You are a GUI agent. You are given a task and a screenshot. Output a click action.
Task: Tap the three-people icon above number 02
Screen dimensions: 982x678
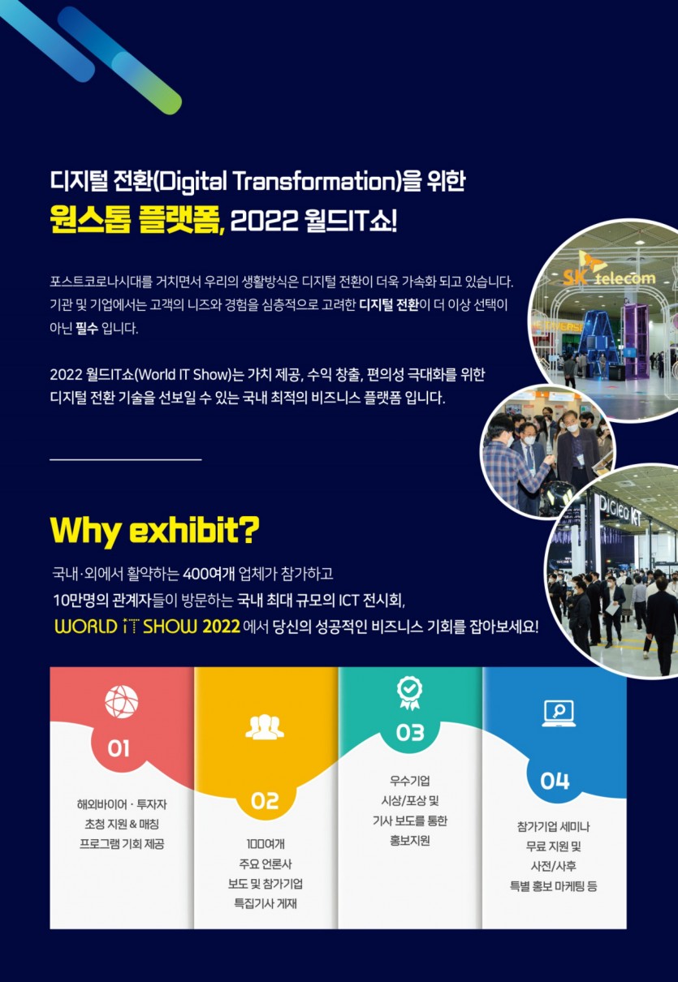(265, 727)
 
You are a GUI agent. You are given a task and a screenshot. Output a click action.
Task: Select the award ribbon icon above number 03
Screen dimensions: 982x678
(409, 691)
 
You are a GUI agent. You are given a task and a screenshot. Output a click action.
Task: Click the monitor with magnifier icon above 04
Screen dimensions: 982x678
(558, 713)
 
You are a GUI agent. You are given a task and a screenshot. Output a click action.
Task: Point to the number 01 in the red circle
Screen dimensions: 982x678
(119, 747)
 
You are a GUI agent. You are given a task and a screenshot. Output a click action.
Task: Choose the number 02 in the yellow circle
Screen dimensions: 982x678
(265, 800)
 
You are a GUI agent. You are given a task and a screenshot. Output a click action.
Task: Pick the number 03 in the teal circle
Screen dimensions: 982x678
(410, 732)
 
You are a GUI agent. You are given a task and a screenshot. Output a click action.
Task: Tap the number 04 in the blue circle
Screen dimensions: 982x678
(555, 781)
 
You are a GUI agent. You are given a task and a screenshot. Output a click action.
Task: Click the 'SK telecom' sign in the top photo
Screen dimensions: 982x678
(609, 276)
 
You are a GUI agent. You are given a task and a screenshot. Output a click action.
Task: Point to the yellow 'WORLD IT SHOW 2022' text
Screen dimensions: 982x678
(147, 627)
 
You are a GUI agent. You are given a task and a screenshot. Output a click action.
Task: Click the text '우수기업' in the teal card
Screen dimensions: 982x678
(410, 782)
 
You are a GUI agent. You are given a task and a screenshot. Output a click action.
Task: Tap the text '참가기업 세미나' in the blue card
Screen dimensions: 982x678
(553, 826)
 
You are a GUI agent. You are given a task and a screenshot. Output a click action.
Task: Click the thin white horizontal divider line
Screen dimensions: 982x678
(125, 459)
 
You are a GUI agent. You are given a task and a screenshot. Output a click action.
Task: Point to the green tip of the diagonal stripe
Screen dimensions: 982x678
(166, 102)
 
